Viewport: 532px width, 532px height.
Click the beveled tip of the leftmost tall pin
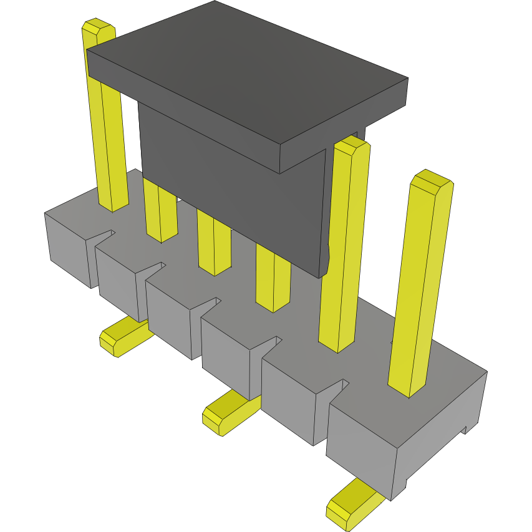(x=99, y=28)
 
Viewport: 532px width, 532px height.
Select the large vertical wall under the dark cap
(x=231, y=187)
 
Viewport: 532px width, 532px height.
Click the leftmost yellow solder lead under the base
(x=125, y=337)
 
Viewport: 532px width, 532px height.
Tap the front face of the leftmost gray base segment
(x=67, y=249)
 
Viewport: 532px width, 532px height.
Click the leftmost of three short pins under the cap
(x=160, y=212)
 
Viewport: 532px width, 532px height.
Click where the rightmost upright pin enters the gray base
(x=409, y=390)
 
